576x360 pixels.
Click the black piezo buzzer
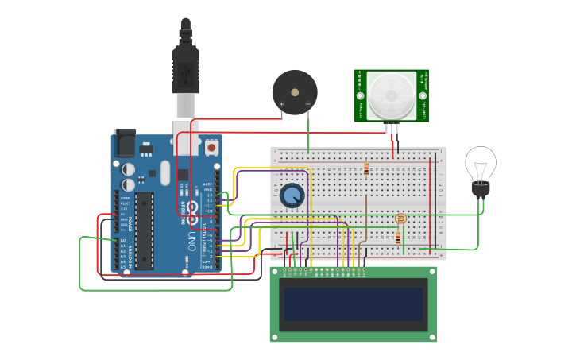[295, 92]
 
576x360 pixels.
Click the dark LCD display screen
[354, 304]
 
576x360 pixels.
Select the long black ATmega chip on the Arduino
[144, 230]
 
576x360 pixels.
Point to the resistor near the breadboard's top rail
[365, 168]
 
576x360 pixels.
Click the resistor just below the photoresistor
[397, 237]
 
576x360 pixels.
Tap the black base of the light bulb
[481, 190]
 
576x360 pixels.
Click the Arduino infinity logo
[191, 210]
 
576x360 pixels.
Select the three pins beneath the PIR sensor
[392, 128]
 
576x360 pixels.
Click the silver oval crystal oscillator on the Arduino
[164, 172]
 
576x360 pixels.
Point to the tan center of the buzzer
[296, 92]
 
